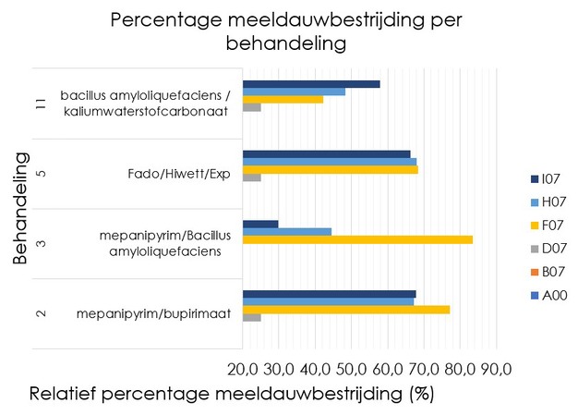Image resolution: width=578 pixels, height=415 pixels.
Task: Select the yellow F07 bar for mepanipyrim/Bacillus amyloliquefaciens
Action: tap(357, 240)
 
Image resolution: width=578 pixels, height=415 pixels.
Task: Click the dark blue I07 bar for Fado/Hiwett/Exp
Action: tap(326, 154)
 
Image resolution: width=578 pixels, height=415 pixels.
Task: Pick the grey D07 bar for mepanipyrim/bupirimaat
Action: tap(251, 318)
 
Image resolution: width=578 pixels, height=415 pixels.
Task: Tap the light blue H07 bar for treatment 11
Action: tap(294, 92)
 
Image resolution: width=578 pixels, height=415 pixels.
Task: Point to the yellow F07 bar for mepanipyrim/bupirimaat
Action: tap(345, 310)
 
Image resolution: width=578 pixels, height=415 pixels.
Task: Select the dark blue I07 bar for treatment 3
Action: tap(259, 224)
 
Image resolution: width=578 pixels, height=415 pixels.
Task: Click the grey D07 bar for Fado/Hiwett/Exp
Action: tap(251, 177)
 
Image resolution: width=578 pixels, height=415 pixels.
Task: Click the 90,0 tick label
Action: tap(496, 369)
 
